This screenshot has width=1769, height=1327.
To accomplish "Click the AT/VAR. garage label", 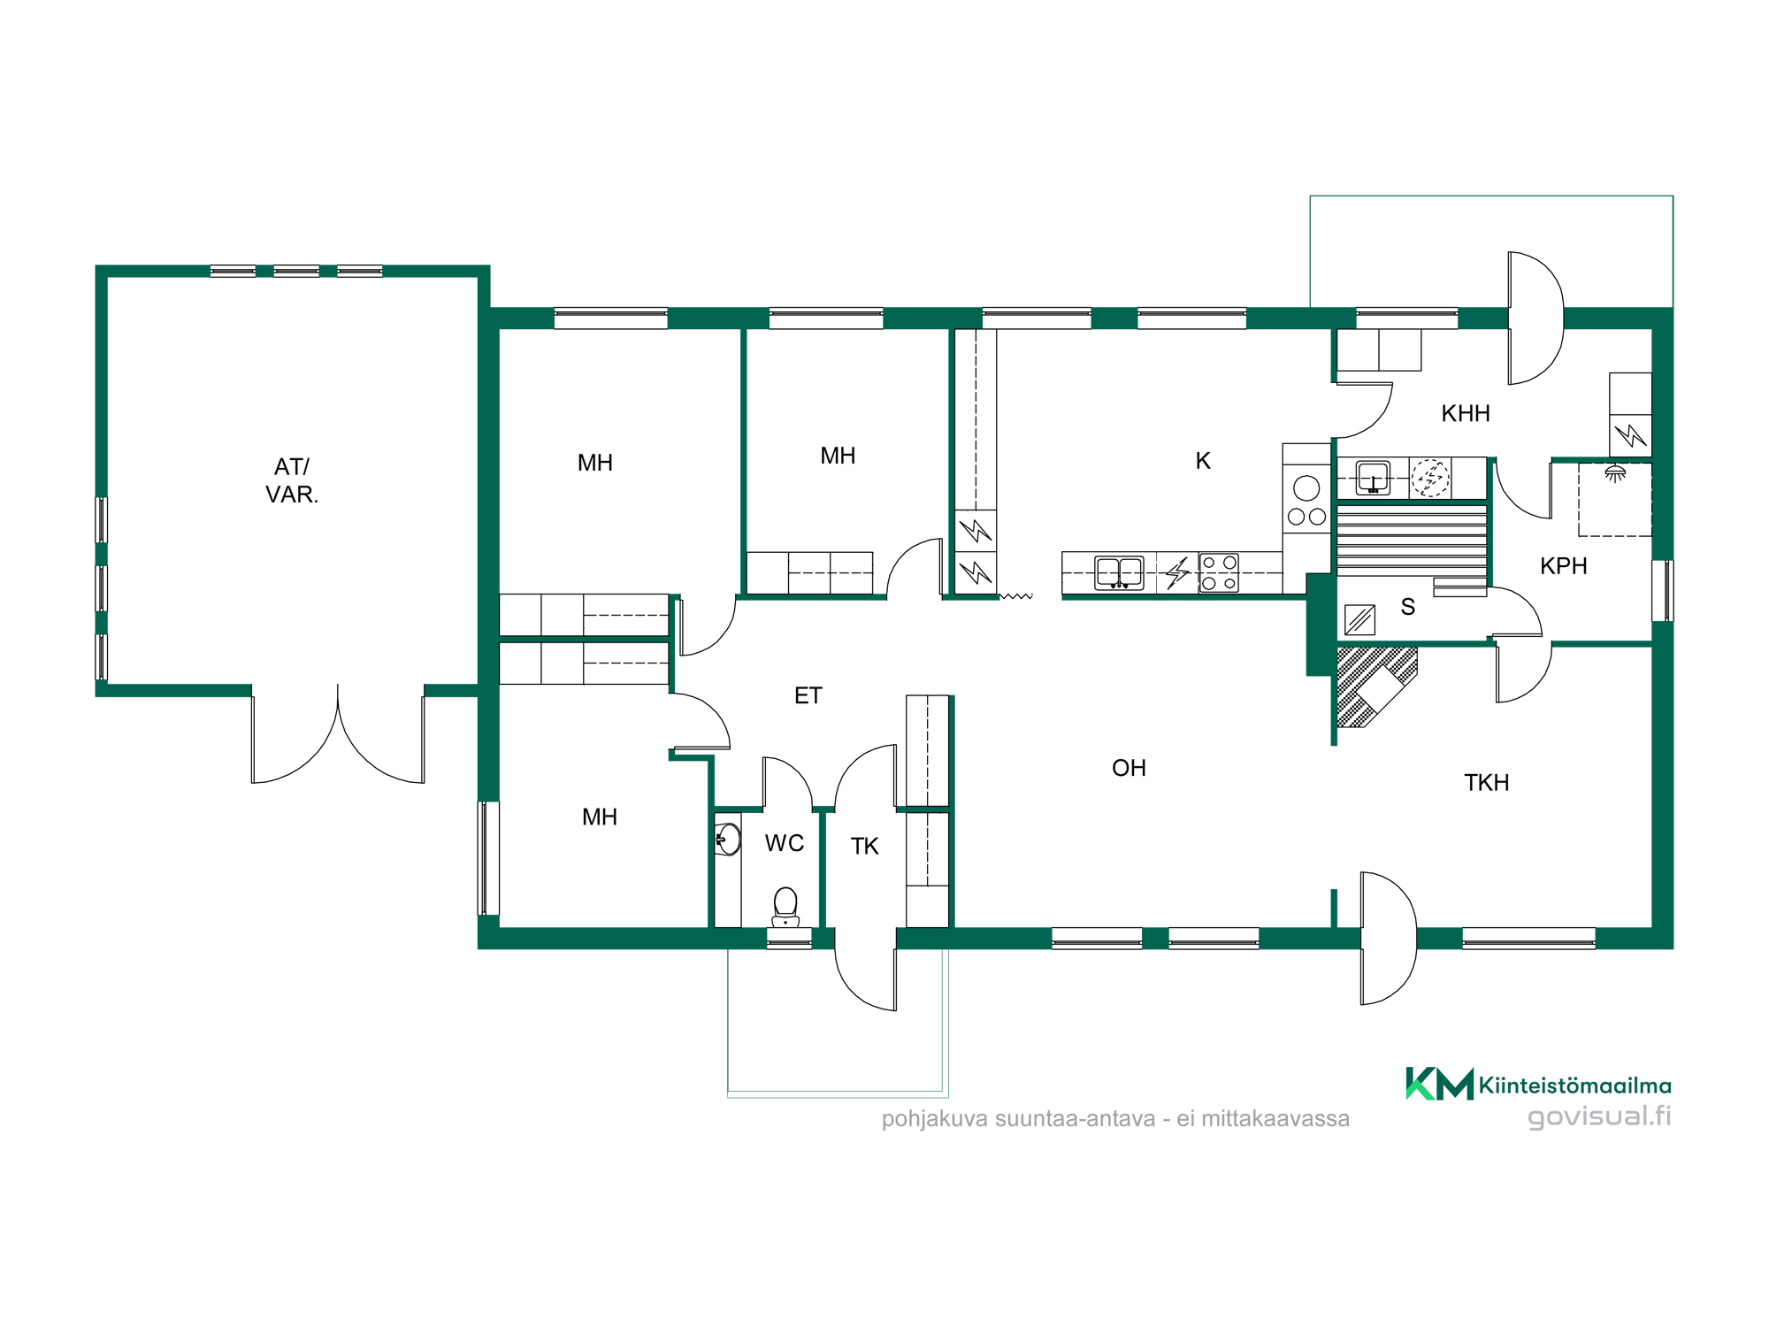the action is pos(292,480).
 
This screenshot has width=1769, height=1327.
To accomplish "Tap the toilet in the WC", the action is pos(785,907).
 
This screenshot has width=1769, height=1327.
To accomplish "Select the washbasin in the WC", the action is pos(728,839).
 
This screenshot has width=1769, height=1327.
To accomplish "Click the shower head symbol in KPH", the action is pos(1615,473).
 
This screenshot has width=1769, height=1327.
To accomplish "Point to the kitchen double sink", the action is pos(1119,572).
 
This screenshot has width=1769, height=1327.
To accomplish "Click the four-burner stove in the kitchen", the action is pos(1219,572).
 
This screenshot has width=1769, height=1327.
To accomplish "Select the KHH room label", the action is pos(1466,413).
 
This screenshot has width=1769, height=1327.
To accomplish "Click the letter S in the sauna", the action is pos(1408,607).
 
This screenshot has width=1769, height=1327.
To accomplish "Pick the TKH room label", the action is pos(1487,782).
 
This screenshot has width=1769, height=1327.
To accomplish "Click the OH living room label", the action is pos(1129,768).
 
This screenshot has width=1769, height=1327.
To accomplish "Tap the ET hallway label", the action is pos(808,695).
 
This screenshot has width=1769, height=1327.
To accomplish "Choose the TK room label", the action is pos(864,847).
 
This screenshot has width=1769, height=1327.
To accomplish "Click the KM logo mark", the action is pos(1439,1083).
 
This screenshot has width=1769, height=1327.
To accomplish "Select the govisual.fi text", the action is pos(1599,1116).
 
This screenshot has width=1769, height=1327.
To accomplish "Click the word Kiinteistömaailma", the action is pos(1575,1085).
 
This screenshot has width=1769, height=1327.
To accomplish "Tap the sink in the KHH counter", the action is pos(1373,478).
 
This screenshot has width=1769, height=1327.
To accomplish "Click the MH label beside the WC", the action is pos(599,817).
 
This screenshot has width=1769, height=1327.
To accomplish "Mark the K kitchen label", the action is pos(1203,460).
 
